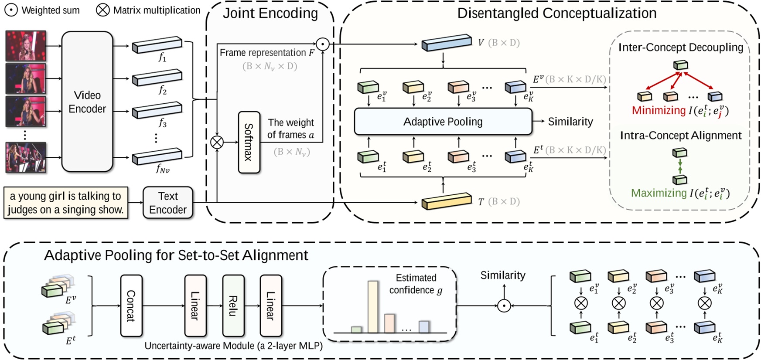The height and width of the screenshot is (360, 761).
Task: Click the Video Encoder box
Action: (x=87, y=102)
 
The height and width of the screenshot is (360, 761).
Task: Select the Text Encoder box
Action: (x=168, y=203)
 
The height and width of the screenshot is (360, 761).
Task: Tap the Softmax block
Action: (x=249, y=142)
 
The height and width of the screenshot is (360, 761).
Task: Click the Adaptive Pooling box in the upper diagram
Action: (x=443, y=122)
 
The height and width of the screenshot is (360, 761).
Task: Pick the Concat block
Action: (x=131, y=306)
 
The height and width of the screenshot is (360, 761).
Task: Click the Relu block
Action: (x=233, y=306)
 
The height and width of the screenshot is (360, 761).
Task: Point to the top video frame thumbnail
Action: (x=26, y=45)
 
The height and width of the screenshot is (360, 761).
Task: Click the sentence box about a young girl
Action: (x=66, y=203)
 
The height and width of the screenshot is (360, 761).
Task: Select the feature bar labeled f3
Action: (x=157, y=110)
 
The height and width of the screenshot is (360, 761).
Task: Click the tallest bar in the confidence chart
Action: (x=373, y=307)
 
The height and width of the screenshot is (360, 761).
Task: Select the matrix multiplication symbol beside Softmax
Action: (x=217, y=142)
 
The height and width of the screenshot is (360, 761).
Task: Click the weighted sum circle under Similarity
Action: (x=504, y=306)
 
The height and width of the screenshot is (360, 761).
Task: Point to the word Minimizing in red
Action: (x=659, y=110)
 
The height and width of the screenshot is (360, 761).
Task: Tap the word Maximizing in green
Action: (x=659, y=193)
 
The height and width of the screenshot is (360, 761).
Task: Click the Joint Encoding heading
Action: (x=270, y=13)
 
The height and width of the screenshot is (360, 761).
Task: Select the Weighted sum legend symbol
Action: (x=11, y=10)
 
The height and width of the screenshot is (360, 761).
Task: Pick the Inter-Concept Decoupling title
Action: (x=680, y=47)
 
